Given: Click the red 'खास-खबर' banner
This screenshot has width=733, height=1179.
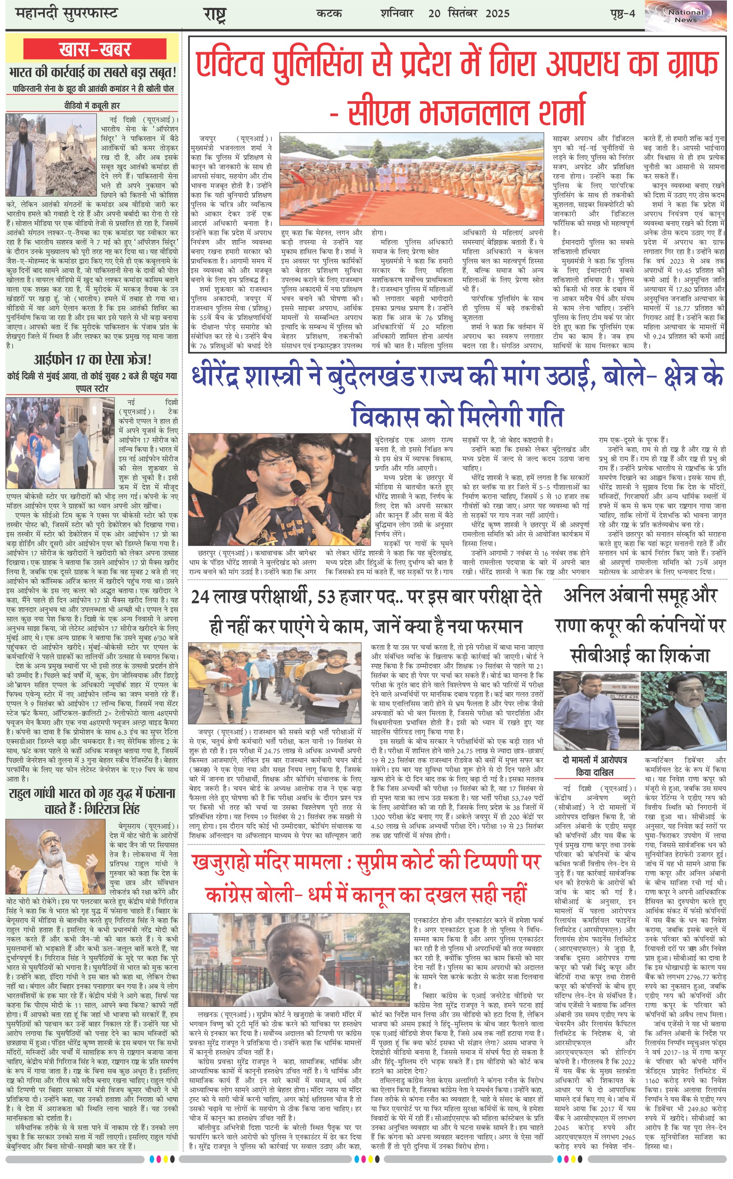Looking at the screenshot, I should click(x=95, y=49).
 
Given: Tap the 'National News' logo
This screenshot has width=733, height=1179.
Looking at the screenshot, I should click(x=686, y=16).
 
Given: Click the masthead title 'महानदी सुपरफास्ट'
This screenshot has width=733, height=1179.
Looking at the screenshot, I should click(x=66, y=13).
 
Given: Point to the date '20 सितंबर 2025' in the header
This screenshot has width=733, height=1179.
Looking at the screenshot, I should click(x=469, y=13).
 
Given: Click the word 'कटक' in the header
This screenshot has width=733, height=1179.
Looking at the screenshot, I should click(x=329, y=13).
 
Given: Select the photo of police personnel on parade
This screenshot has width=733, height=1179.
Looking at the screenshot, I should click(x=412, y=180).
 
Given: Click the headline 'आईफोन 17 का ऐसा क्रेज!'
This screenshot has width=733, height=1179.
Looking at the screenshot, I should click(x=92, y=360).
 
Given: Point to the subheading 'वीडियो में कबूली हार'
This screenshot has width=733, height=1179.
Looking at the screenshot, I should click(x=92, y=105).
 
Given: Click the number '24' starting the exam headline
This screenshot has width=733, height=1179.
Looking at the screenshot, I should click(x=200, y=597).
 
